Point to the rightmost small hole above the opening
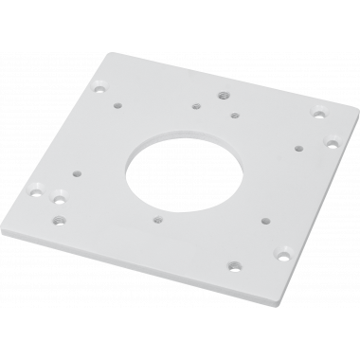click(234, 115)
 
